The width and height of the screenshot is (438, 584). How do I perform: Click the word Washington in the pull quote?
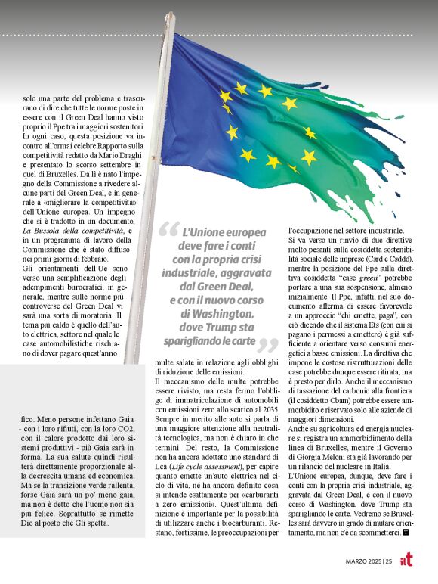pos(222,311)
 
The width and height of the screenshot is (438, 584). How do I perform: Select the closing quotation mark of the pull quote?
pos(267,345)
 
